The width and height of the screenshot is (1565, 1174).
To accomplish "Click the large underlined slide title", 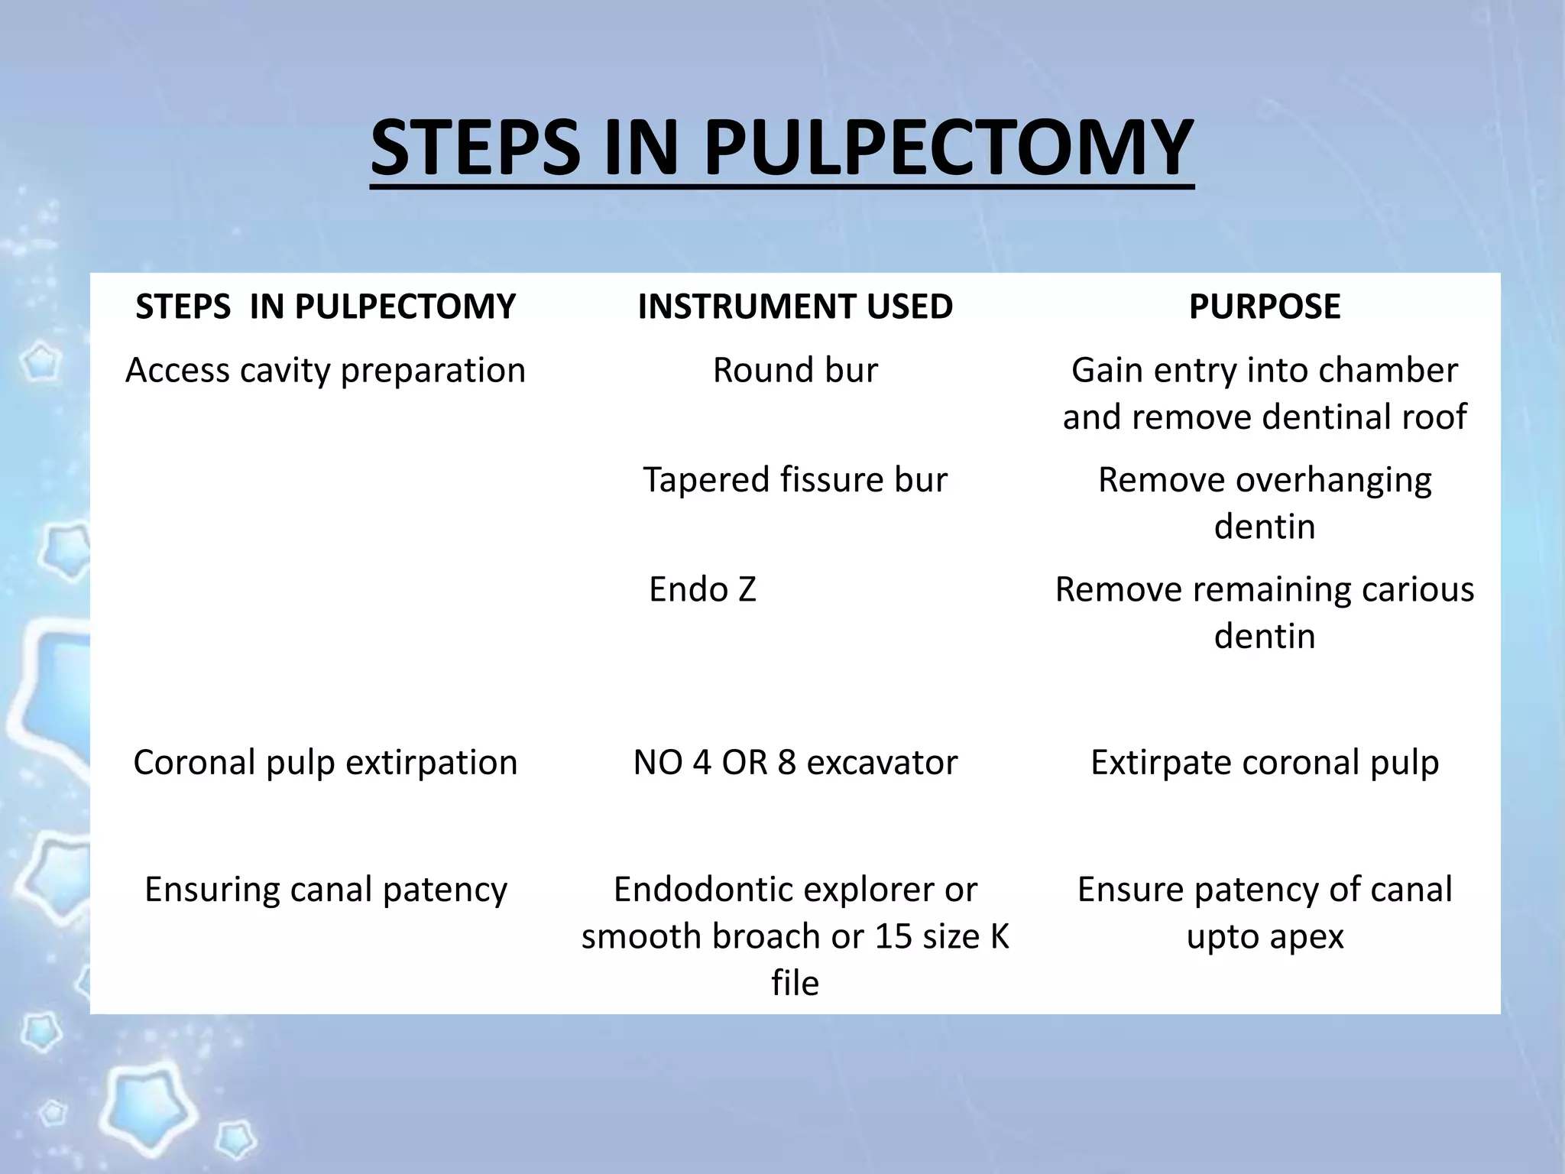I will coord(781,147).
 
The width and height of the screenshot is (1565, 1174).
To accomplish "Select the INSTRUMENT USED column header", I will coord(795,306).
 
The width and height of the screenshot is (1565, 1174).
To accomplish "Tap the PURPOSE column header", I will coord(1265,306).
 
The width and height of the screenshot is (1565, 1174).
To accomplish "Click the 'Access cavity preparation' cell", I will coord(326,371).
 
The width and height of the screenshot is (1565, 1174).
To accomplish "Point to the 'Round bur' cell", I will coord(795,371).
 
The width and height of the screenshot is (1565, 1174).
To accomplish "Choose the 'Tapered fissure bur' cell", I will coord(795,480).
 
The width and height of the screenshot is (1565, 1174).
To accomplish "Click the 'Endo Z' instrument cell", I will coord(702,589).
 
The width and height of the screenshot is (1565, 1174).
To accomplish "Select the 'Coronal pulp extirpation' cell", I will coord(326,763).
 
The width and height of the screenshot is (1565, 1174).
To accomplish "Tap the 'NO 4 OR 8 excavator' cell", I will coord(795,763).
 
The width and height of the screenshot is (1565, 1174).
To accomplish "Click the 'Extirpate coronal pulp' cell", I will coord(1265,763).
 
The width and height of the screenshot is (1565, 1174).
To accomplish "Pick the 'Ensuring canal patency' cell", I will coord(326,890).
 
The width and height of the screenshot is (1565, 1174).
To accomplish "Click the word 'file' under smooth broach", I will coord(795,983).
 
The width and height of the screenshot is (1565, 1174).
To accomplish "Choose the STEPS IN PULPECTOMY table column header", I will coord(326,306).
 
